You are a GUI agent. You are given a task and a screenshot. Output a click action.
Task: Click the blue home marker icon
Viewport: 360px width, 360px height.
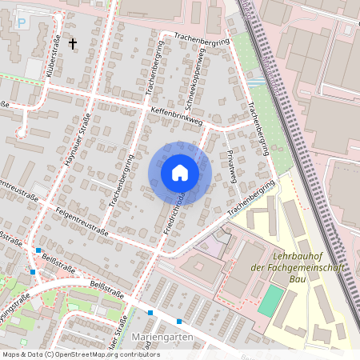point(180,173)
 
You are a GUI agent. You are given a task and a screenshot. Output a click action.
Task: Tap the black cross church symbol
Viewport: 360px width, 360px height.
point(73,43)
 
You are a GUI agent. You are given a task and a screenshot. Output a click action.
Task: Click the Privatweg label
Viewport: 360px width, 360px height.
point(233,167)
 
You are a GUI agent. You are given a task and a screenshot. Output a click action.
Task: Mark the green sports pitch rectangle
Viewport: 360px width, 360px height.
point(271,300)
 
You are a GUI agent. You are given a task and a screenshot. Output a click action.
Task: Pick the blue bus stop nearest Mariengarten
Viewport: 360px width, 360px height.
point(179,322)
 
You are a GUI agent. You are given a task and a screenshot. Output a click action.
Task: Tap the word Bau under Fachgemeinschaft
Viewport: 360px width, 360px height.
point(298,279)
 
